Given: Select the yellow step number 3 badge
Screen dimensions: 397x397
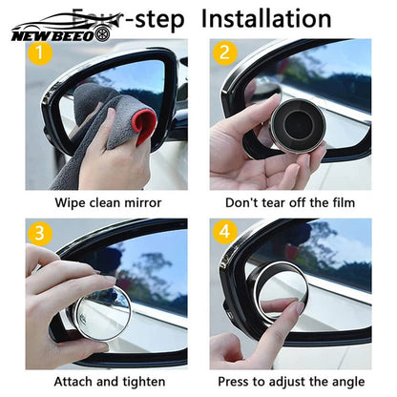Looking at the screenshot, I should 38,232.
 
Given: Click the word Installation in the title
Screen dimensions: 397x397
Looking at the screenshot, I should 268,17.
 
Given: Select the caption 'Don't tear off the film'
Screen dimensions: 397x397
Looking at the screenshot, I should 291,202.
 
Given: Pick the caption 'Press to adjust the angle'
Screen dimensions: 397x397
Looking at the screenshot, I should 293,381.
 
